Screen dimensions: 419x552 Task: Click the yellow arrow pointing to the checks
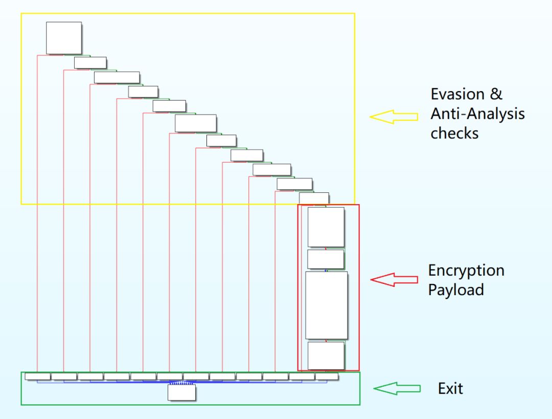394,117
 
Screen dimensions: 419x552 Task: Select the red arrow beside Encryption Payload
394,279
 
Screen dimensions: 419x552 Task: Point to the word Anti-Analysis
477,114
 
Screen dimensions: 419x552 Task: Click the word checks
454,133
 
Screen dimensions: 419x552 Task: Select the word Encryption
466,271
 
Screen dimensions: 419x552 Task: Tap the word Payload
455,290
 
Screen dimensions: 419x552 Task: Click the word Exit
450,388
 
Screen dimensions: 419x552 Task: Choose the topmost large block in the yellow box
64,38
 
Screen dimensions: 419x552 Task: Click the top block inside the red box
326,227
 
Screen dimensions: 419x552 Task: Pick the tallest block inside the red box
326,305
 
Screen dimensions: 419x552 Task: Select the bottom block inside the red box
326,356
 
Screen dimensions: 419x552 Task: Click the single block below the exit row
182,392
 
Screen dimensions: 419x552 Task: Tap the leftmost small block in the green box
38,377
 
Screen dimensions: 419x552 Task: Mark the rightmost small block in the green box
327,377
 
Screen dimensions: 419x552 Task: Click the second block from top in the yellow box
90,63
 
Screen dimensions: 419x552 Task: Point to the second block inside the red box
326,259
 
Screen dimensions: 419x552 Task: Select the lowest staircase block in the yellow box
313,197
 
